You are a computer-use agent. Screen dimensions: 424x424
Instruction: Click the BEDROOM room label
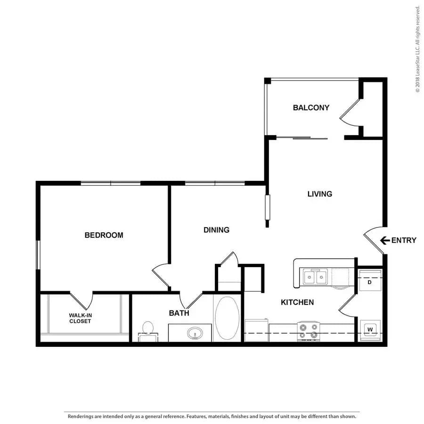104,235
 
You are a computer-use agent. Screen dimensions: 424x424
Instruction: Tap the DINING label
216,230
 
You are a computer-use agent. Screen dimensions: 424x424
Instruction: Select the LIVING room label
319,194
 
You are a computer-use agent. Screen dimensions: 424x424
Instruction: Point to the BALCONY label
311,107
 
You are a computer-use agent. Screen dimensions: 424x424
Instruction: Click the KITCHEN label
297,302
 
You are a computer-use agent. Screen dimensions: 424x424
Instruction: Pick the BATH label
179,313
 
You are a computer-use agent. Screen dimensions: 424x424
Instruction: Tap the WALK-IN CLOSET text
80,318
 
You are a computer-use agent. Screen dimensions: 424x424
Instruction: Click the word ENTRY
404,240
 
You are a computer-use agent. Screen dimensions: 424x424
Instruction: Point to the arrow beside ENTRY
385,240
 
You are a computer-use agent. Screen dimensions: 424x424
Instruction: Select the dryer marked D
370,280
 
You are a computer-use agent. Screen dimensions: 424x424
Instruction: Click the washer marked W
370,330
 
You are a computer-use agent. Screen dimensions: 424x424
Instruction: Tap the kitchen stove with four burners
308,331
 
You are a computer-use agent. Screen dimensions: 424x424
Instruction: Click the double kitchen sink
315,277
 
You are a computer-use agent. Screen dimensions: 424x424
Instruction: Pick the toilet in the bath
147,331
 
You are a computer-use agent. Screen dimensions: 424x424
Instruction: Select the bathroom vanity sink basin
195,333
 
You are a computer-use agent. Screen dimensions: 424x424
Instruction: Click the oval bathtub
227,318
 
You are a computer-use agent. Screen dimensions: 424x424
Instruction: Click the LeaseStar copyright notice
418,49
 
